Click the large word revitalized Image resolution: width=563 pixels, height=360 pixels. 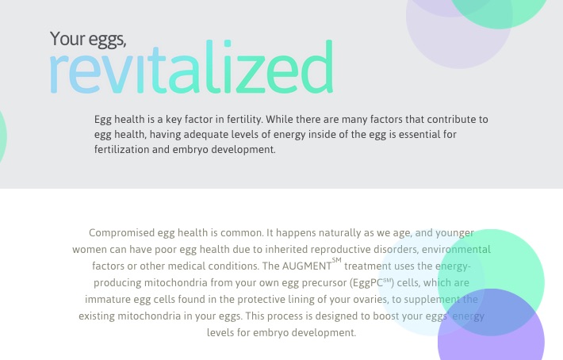pyautogui.click(x=191, y=67)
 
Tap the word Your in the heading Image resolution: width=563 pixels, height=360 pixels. pyautogui.click(x=67, y=38)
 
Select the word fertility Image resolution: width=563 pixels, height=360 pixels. pyautogui.click(x=244, y=120)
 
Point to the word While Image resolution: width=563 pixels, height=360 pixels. pyautogui.click(x=279, y=119)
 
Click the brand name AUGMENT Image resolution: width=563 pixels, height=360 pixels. pyautogui.click(x=307, y=266)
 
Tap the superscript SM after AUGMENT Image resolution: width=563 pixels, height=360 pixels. pyautogui.click(x=336, y=260)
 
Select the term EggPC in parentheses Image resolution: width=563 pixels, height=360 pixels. pyautogui.click(x=367, y=283)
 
